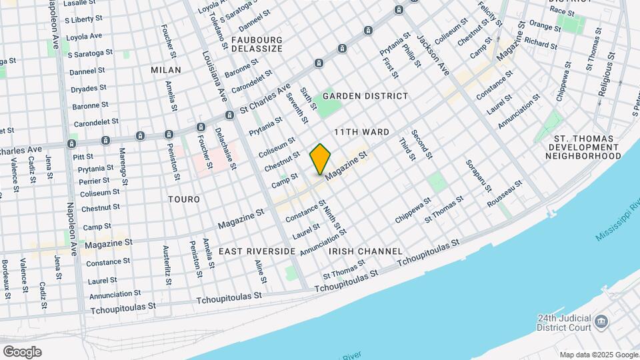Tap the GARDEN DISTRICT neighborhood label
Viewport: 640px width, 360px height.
(365, 96)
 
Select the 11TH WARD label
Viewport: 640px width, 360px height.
(361, 133)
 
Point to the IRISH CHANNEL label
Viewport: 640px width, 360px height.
(365, 251)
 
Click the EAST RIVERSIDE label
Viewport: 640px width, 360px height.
(257, 251)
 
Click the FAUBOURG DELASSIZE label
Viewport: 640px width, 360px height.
(257, 44)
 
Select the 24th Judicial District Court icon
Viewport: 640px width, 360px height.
(601, 323)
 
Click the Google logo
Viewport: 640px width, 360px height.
(22, 351)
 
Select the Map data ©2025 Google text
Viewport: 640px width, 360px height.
(598, 355)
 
